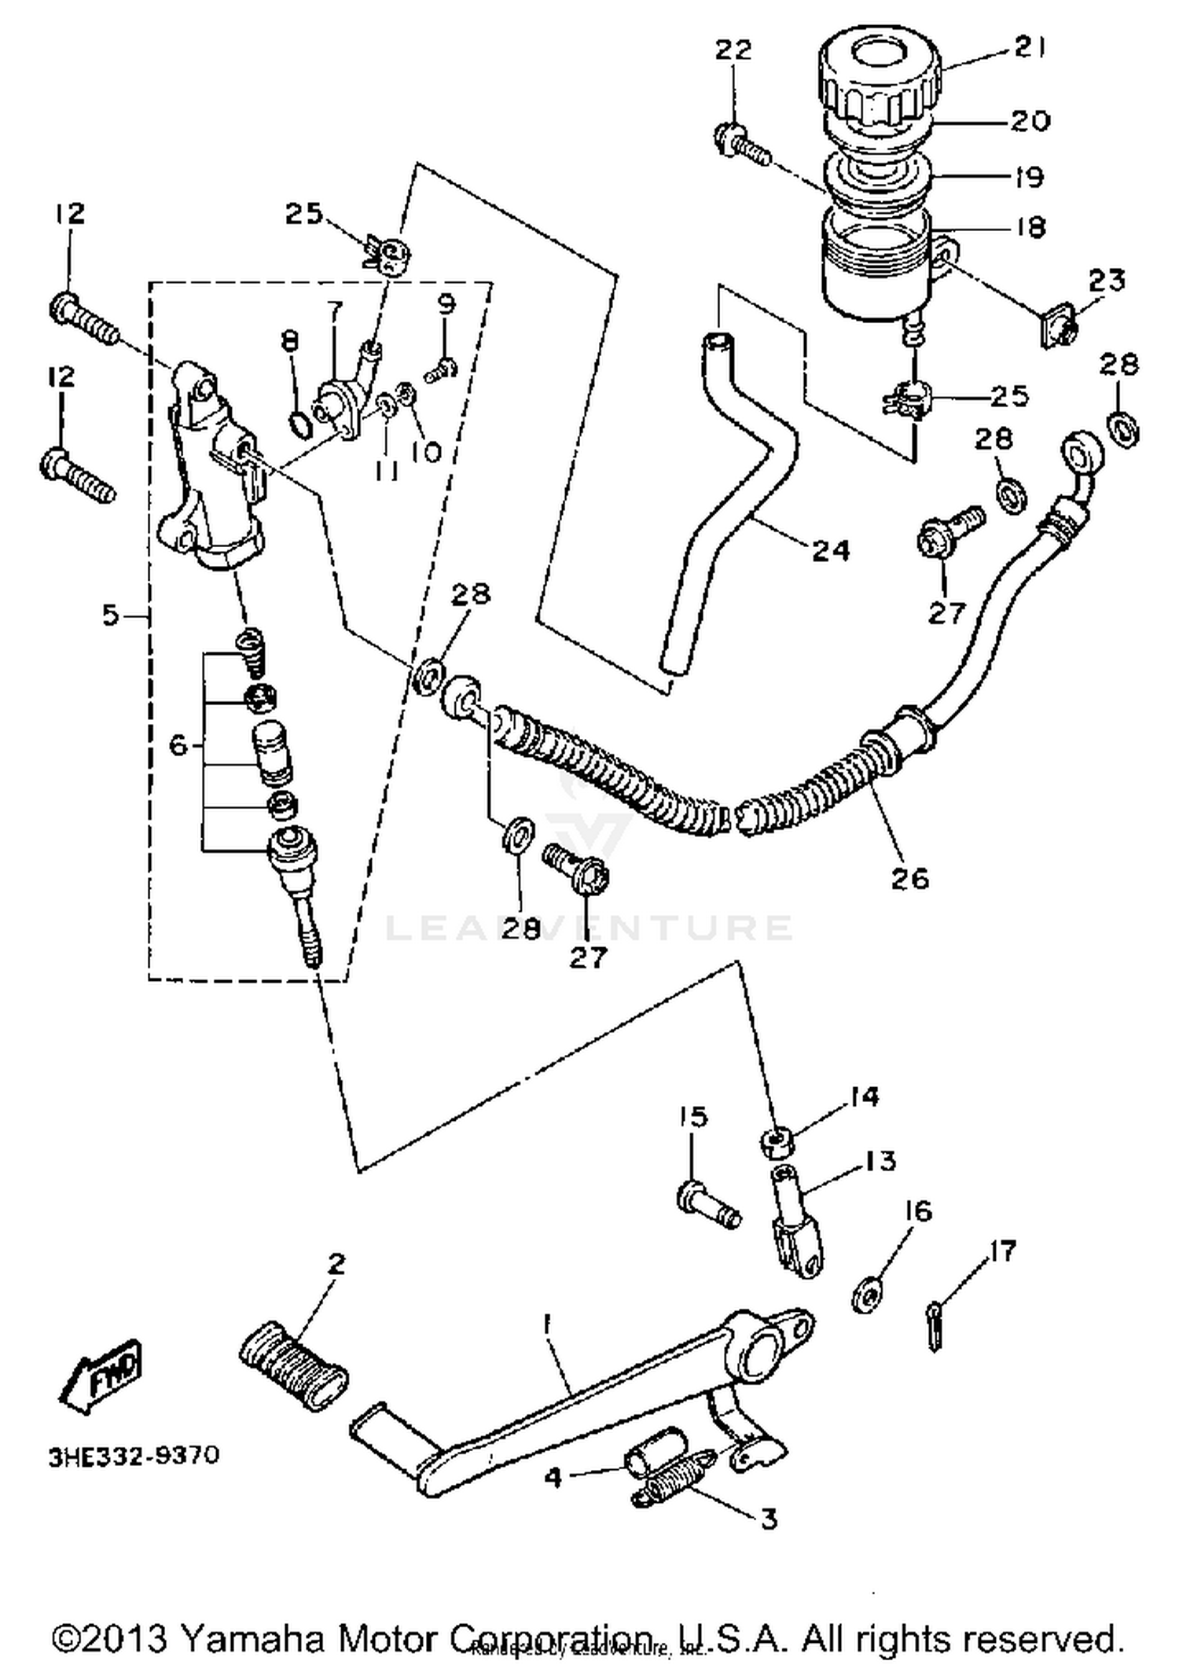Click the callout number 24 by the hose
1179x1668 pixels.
point(830,550)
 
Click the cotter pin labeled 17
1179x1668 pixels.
point(933,1328)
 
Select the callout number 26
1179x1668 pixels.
point(909,877)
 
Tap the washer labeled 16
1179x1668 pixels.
point(867,1293)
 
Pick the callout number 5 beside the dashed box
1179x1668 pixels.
point(111,614)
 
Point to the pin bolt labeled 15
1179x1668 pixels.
point(707,1207)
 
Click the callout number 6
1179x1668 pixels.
point(179,744)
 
